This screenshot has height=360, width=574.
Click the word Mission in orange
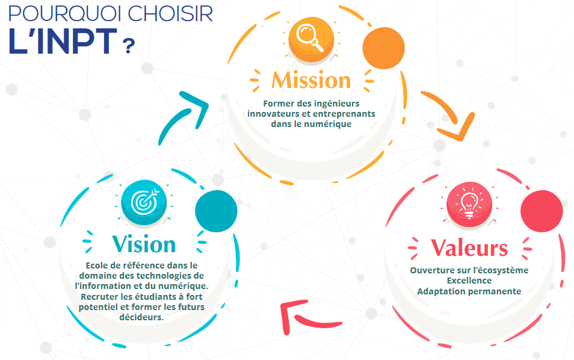(x=311, y=80)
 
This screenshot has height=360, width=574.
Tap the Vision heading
(x=144, y=244)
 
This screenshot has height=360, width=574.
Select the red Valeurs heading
(x=469, y=247)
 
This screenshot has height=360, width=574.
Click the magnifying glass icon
(x=310, y=37)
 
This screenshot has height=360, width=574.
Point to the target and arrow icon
(x=144, y=202)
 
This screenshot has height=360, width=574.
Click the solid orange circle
(x=383, y=48)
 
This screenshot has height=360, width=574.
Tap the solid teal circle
(x=216, y=211)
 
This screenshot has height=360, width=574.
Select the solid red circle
(x=542, y=211)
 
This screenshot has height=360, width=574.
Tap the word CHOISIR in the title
(x=170, y=14)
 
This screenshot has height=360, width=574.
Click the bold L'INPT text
(x=63, y=41)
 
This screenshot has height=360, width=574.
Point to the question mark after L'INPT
(x=129, y=46)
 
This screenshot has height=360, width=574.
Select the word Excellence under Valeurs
(x=469, y=281)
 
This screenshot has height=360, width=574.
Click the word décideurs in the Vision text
(x=141, y=317)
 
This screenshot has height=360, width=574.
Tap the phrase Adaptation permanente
(x=469, y=291)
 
